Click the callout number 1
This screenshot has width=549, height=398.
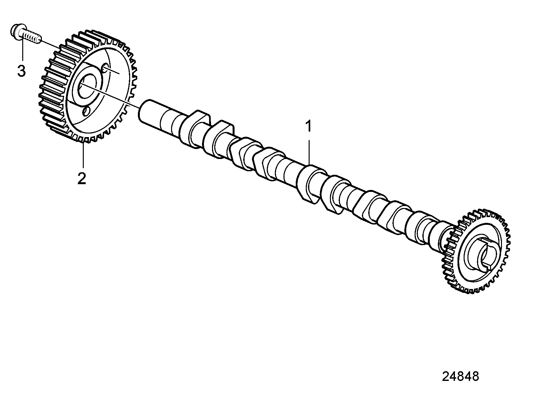(x=308, y=126)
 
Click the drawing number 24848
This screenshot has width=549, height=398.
(x=460, y=376)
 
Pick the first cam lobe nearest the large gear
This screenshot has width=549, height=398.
(x=195, y=129)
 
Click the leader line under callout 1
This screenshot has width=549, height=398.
(x=309, y=152)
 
